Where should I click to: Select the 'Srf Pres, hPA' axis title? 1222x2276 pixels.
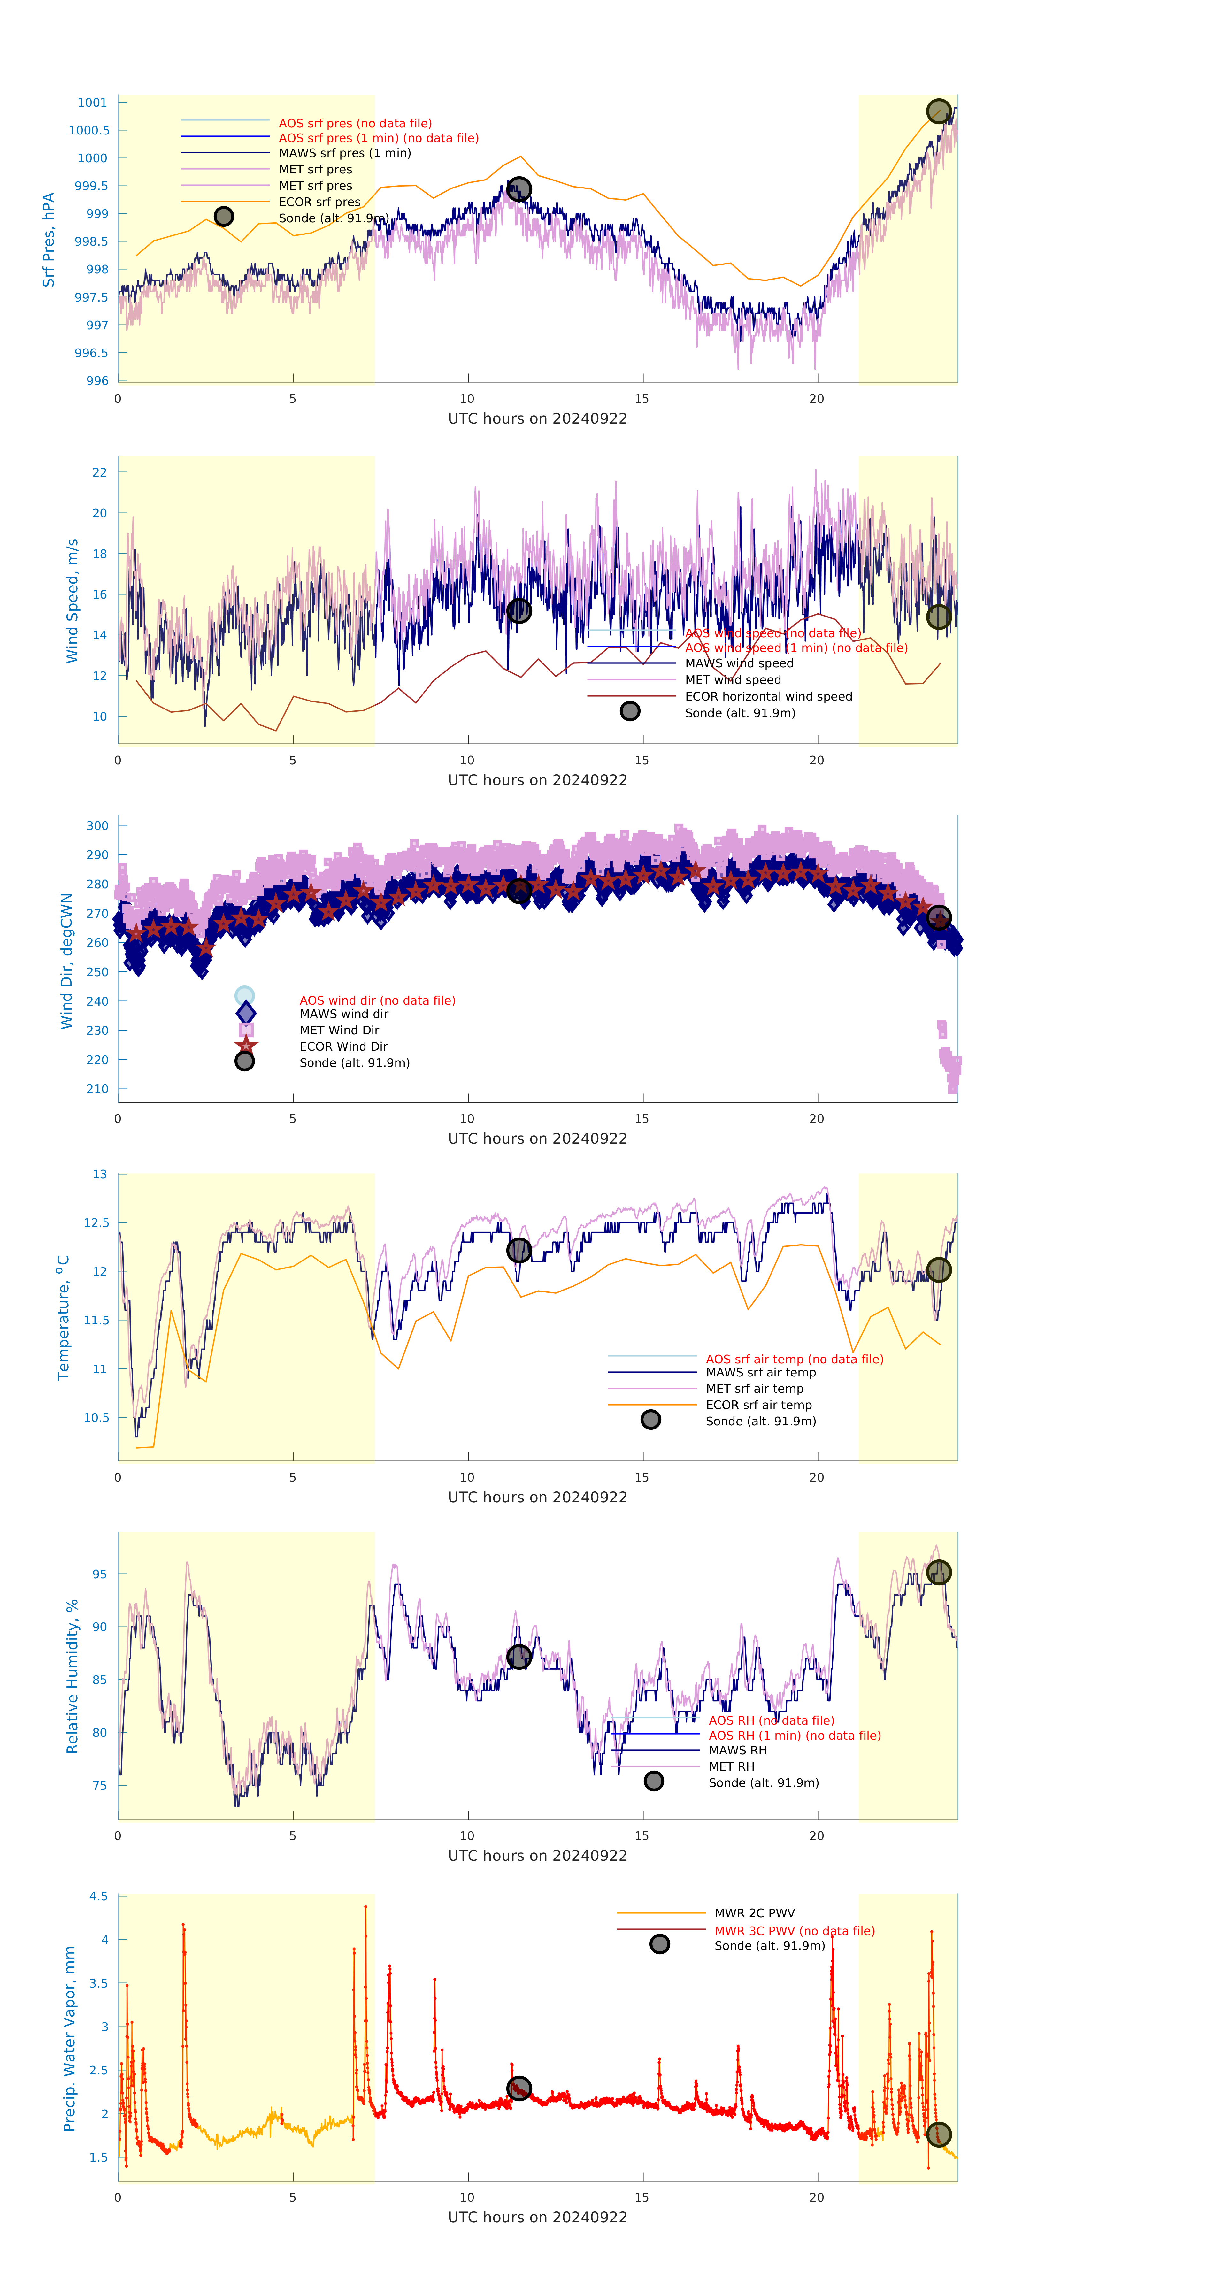pos(49,240)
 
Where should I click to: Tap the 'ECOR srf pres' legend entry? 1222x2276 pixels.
pos(319,202)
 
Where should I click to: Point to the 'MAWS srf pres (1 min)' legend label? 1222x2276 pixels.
pos(345,153)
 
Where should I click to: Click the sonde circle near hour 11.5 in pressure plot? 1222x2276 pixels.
pos(519,189)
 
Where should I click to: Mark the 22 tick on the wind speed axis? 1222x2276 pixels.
pos(100,473)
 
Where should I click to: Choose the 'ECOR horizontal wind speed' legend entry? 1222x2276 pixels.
pos(768,696)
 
